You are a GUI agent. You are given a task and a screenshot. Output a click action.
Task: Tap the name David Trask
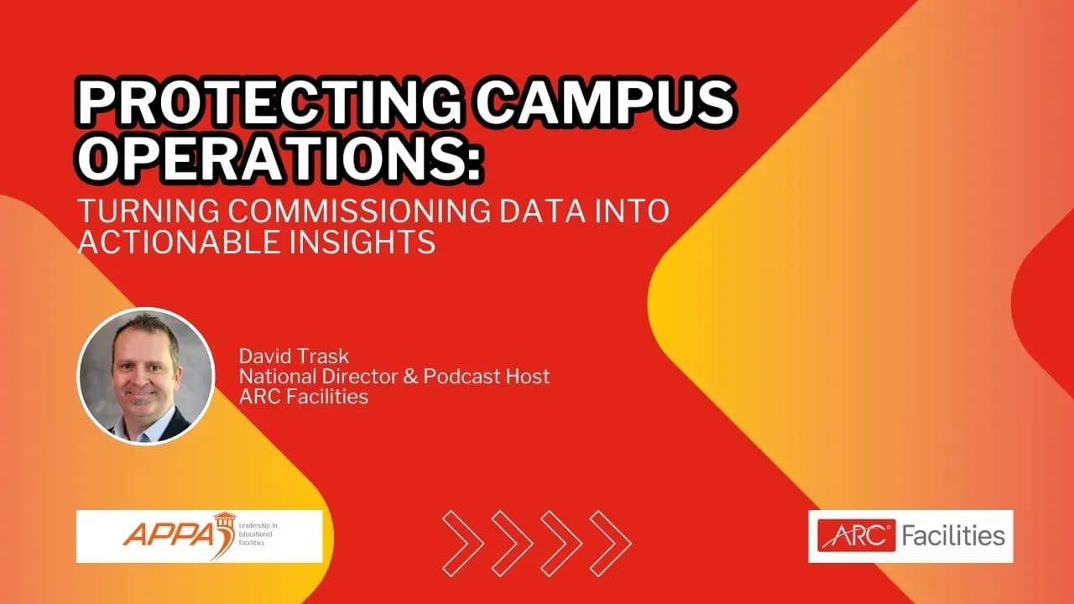tap(294, 357)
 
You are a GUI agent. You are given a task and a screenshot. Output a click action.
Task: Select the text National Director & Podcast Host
tap(394, 377)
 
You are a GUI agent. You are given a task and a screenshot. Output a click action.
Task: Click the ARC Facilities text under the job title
tap(304, 397)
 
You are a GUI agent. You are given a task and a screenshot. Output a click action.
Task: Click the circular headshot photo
tap(146, 375)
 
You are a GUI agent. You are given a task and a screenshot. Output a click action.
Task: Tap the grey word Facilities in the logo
tap(953, 535)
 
